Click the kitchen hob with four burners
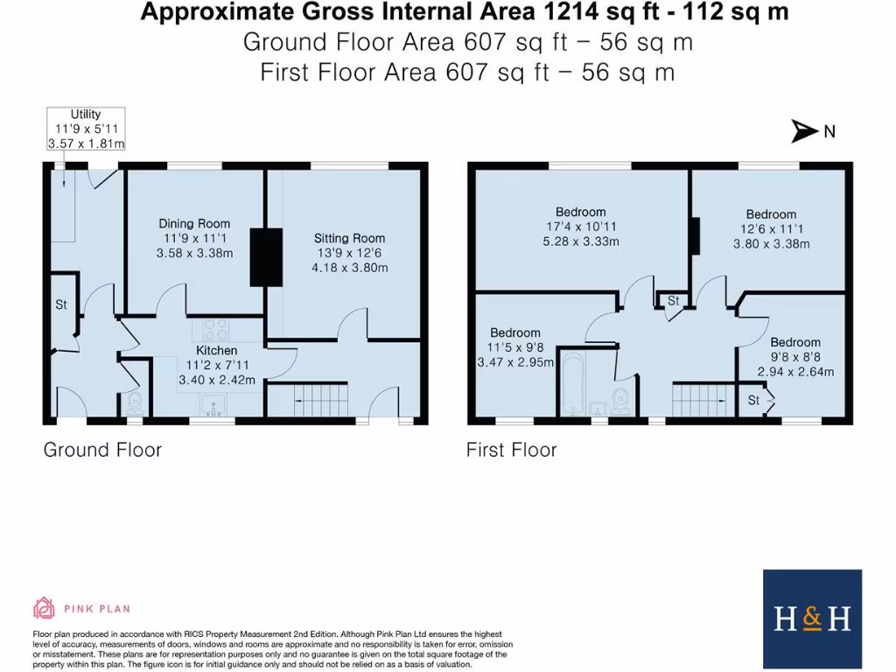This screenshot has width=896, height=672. (x=215, y=330)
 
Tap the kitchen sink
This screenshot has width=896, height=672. (x=213, y=404)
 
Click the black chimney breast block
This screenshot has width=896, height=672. (x=267, y=256)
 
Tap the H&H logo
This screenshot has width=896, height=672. (x=812, y=619)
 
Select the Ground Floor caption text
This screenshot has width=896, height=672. (x=102, y=450)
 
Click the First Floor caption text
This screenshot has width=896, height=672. (x=511, y=450)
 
